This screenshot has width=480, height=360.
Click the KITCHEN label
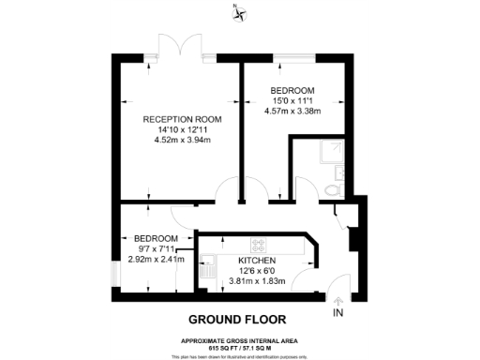point(257,259)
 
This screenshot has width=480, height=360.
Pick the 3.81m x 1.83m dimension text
point(257,279)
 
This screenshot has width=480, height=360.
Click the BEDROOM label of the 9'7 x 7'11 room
point(156,239)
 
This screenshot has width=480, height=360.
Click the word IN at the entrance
point(338,313)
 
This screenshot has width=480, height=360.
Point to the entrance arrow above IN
point(338,299)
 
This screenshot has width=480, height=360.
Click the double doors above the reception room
point(179,49)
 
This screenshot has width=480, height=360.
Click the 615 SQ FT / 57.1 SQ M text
point(240,346)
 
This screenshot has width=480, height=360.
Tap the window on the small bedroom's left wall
point(114,272)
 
